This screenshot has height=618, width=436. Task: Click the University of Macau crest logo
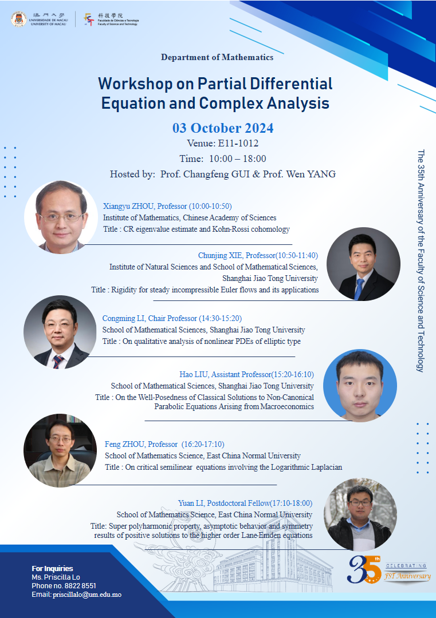click(19, 19)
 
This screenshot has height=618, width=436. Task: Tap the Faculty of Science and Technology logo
click(89, 19)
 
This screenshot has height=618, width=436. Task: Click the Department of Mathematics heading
click(217, 57)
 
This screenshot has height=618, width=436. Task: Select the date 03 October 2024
click(223, 128)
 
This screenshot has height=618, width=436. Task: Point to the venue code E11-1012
click(238, 143)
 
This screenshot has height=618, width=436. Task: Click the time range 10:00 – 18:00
click(238, 159)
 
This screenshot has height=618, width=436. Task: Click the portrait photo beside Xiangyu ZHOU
click(61, 217)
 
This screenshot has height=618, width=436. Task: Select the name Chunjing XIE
click(220, 255)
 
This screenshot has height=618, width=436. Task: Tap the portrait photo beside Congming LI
click(60, 332)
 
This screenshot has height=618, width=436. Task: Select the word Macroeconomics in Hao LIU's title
click(287, 406)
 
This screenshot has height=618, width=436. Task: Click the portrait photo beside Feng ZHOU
click(60, 450)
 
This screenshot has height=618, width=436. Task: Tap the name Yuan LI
click(191, 504)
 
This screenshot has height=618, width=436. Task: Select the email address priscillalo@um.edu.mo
click(87, 595)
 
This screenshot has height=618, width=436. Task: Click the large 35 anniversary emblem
click(364, 569)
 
